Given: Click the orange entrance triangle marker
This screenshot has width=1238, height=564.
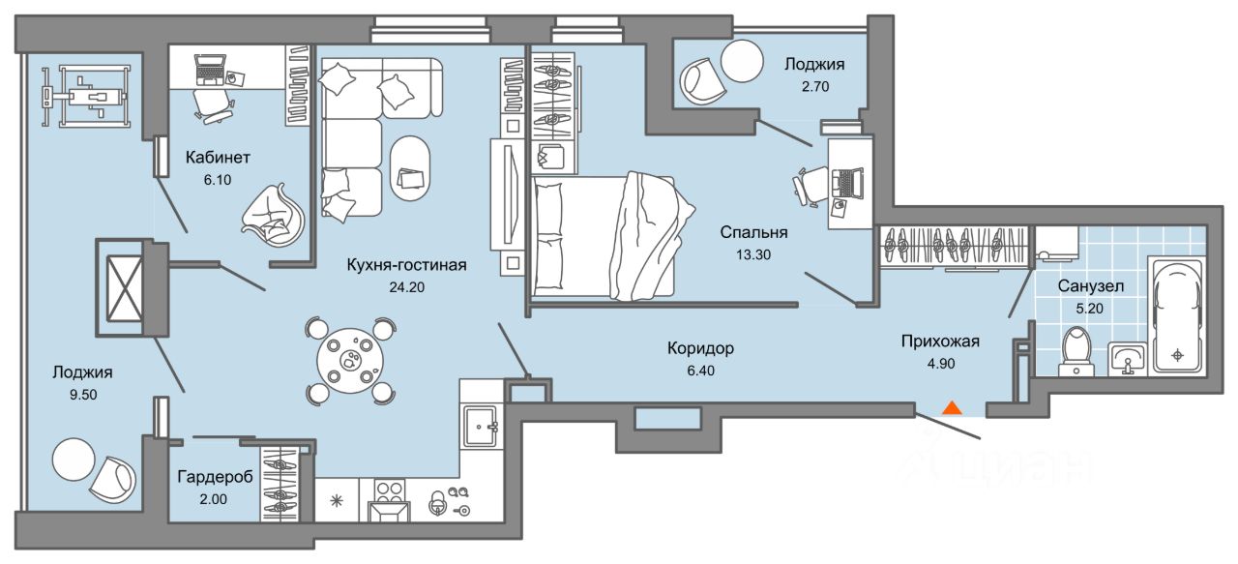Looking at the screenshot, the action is (x=953, y=407).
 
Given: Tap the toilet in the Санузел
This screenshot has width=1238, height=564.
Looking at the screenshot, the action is (x=1075, y=349).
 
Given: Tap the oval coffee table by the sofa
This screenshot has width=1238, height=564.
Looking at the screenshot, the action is (x=411, y=167).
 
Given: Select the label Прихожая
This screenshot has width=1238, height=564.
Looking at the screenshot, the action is (x=940, y=341).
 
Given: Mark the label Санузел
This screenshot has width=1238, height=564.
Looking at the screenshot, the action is (x=1090, y=287).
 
